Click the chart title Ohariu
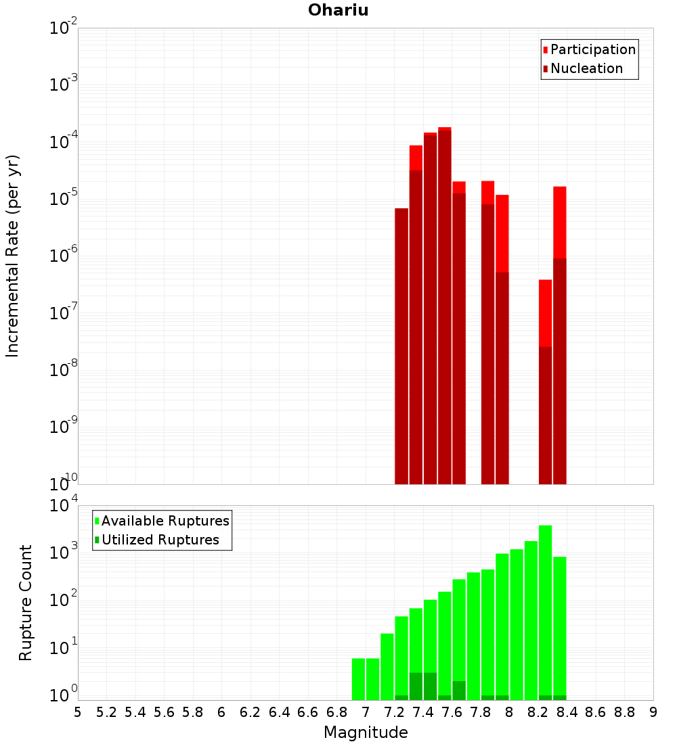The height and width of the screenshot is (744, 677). pyautogui.click(x=338, y=10)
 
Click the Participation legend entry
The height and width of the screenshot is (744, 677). pyautogui.click(x=589, y=50)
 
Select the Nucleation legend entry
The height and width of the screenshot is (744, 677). pyautogui.click(x=582, y=69)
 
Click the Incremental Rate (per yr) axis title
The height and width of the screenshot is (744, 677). pyautogui.click(x=13, y=256)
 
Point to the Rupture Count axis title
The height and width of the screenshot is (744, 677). pyautogui.click(x=26, y=603)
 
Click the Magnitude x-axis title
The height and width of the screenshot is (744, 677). pyautogui.click(x=366, y=733)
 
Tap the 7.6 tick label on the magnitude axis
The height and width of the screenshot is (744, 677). pyautogui.click(x=452, y=712)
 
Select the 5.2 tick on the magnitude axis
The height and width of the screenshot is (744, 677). pyautogui.click(x=106, y=712)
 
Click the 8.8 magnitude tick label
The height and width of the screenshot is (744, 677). pyautogui.click(x=624, y=712)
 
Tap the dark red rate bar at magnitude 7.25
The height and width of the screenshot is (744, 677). pyautogui.click(x=401, y=345)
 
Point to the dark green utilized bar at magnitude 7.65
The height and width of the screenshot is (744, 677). pyautogui.click(x=459, y=691)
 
